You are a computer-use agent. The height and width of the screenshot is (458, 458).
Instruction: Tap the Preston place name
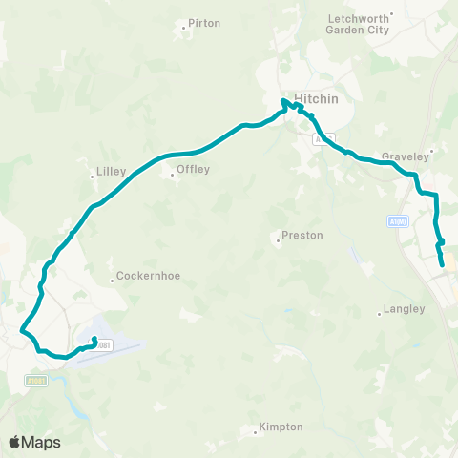tap(304, 235)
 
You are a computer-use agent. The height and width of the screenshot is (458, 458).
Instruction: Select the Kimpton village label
tap(281, 427)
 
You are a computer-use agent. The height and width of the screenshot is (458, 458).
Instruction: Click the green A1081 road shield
tap(34, 381)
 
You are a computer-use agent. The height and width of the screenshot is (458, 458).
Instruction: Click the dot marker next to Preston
tap(278, 240)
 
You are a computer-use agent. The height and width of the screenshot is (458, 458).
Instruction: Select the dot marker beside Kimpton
tap(257, 433)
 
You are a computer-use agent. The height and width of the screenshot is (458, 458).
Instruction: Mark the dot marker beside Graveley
tap(432, 150)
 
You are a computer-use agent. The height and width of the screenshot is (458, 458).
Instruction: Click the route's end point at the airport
tap(94, 339)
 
